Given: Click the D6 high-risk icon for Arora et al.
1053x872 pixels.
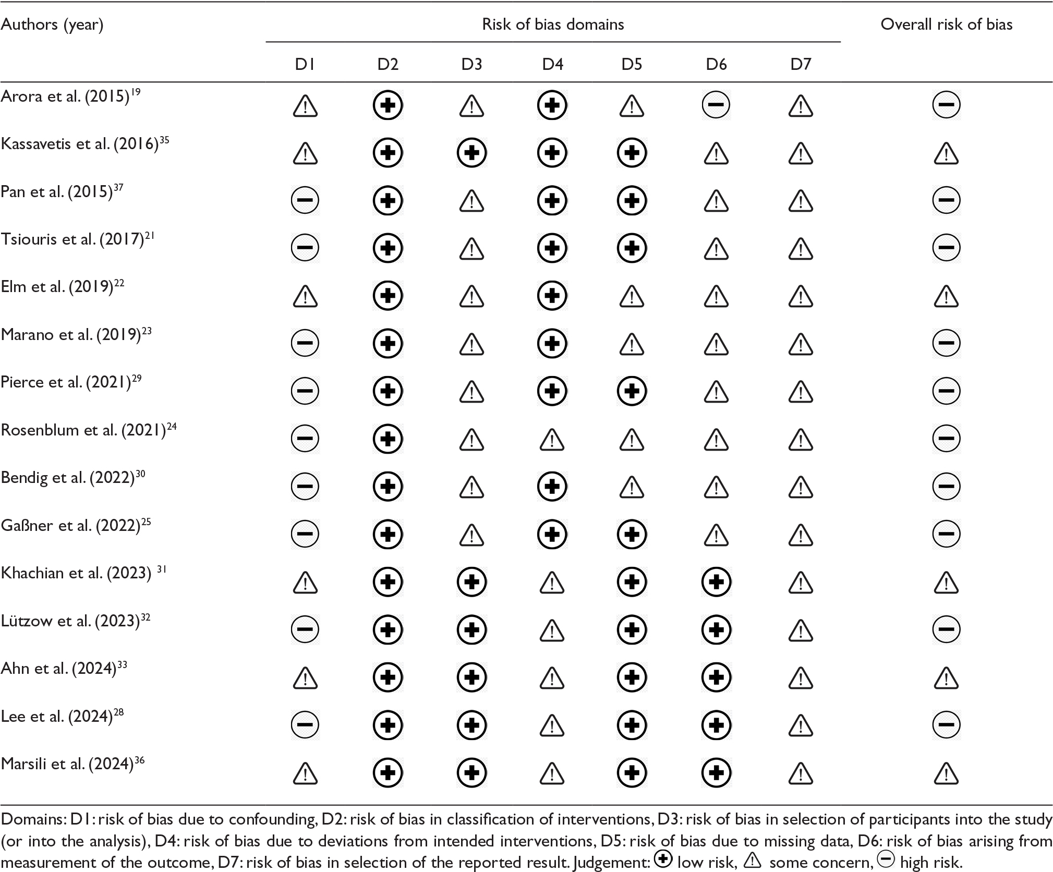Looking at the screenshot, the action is click(x=716, y=105).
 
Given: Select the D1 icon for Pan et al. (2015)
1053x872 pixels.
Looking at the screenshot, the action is click(x=305, y=201).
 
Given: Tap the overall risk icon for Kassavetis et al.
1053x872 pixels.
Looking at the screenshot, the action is click(x=946, y=153).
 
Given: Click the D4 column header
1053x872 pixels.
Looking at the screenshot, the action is click(x=552, y=64).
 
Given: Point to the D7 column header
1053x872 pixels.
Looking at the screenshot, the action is click(x=800, y=64).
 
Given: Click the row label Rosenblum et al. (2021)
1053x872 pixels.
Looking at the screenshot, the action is click(x=84, y=430).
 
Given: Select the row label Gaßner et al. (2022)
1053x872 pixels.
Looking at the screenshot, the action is click(x=71, y=526).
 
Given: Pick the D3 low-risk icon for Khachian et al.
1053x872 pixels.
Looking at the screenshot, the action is click(x=471, y=582).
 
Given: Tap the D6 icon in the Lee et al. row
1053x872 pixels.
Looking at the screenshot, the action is click(x=716, y=725).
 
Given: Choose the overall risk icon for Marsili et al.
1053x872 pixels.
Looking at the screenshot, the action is click(x=946, y=773).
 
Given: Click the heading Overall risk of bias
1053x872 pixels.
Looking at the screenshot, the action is click(x=946, y=25).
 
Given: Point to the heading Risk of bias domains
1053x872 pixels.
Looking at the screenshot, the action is click(x=553, y=25).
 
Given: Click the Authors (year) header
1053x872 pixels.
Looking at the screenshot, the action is click(x=52, y=25).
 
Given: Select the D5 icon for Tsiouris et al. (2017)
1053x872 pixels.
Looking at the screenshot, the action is click(x=632, y=248).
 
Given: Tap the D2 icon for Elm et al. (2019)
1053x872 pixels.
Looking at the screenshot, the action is click(x=388, y=296).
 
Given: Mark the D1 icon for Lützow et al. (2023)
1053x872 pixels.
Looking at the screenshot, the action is click(x=305, y=629).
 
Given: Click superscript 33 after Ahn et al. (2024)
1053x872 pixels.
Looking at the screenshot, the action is click(x=122, y=664).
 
